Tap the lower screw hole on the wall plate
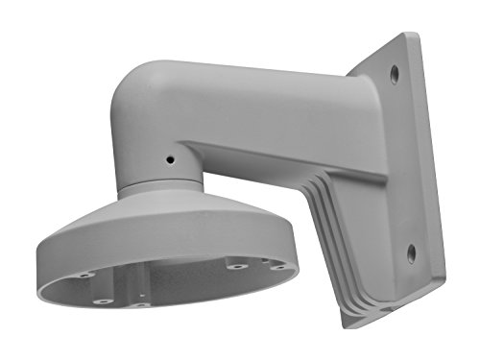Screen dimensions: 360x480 pyautogui.click(x=411, y=253)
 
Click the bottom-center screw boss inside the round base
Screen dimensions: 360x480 pyautogui.click(x=141, y=305)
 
